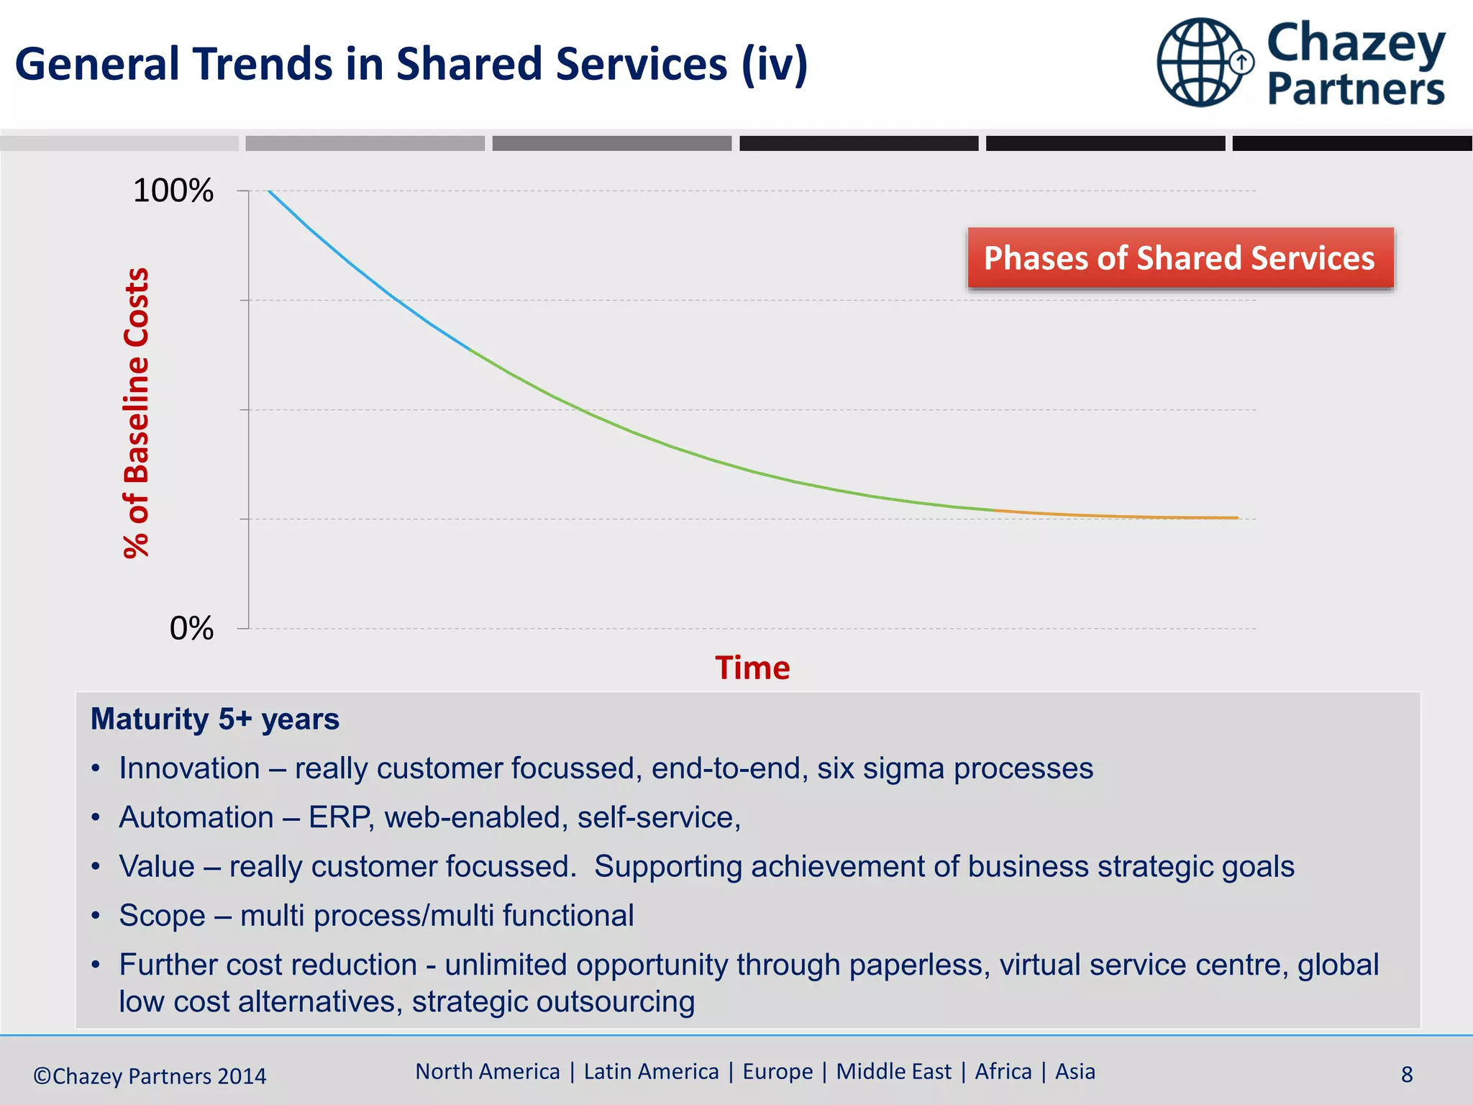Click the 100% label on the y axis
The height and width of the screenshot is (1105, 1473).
click(x=173, y=191)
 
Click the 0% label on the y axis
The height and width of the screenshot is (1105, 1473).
click(x=191, y=629)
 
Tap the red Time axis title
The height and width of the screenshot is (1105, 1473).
click(x=752, y=668)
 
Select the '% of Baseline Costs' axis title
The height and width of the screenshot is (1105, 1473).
click(x=137, y=413)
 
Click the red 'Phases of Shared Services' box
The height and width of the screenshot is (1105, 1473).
click(x=1180, y=258)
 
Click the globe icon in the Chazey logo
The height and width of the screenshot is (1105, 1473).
click(x=1200, y=63)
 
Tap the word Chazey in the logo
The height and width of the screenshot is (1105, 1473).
click(x=1356, y=43)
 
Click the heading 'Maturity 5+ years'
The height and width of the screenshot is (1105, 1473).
click(x=214, y=719)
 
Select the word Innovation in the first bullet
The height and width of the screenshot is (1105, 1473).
click(x=189, y=768)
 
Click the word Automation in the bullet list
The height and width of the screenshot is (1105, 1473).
click(x=196, y=818)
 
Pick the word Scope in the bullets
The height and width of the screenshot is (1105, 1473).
click(x=162, y=916)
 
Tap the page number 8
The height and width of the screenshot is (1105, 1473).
click(x=1407, y=1075)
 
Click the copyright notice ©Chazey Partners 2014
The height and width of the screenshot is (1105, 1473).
click(x=150, y=1076)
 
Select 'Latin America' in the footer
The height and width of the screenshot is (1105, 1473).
click(x=651, y=1072)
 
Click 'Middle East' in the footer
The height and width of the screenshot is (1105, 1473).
click(x=893, y=1072)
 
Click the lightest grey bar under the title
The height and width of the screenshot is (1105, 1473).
click(x=119, y=143)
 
